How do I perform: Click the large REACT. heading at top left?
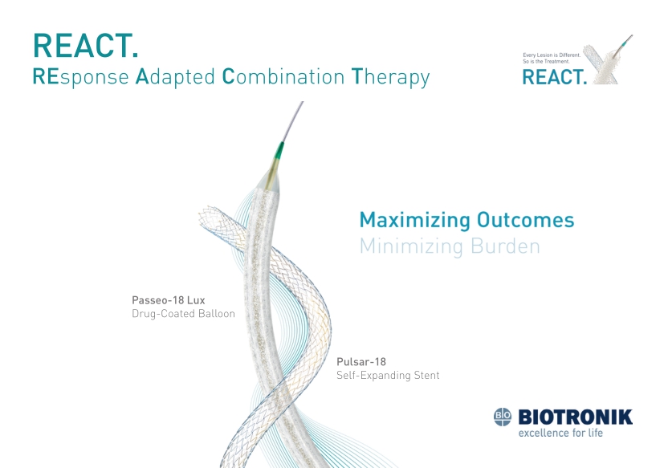point(86,46)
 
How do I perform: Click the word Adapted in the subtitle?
point(175,77)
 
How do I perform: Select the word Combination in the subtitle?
point(283,76)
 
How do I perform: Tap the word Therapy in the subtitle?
point(391,78)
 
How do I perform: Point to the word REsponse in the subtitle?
point(81,78)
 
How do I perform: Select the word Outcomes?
point(526,220)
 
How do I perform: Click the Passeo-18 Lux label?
point(169,300)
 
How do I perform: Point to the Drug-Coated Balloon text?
point(183,314)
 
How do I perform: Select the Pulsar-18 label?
point(361,362)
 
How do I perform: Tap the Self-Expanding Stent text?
point(388,375)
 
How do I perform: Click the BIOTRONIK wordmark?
point(575,417)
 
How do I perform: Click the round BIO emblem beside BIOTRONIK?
point(503,417)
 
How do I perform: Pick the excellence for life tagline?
point(560,433)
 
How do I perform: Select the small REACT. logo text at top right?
point(555,77)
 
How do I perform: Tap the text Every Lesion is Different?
point(552,55)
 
